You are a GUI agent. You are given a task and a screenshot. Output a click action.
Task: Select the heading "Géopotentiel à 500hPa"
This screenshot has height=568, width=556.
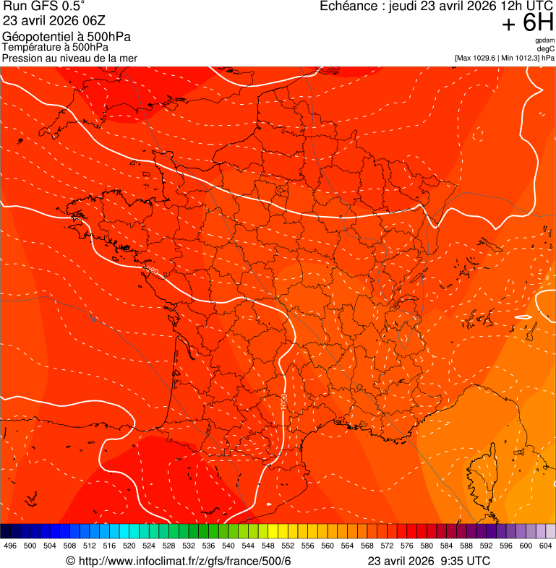67,36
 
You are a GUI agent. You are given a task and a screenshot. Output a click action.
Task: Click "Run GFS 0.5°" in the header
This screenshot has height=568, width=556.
44,7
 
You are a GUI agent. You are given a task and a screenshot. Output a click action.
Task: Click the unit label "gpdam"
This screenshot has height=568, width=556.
545,40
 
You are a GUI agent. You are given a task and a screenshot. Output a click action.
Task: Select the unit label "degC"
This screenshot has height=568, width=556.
546,48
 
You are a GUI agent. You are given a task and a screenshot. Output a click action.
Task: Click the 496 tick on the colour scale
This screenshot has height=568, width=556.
10,545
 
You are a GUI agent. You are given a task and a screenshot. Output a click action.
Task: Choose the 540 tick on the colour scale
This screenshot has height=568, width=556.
228,545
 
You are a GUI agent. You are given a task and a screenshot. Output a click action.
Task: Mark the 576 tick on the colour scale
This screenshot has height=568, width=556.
407,545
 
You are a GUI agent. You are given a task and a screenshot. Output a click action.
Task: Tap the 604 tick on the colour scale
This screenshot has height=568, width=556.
546,545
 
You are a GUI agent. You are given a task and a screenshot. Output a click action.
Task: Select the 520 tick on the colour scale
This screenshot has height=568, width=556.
129,545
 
